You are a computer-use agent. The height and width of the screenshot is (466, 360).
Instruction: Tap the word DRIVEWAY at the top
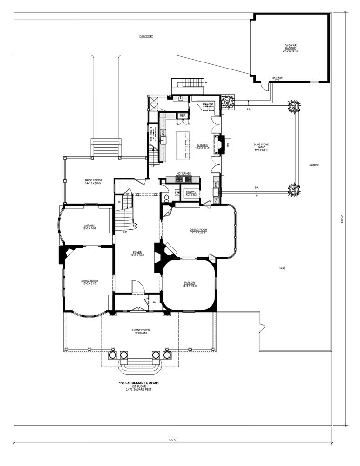pos(146,36)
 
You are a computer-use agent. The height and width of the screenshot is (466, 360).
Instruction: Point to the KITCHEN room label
pos(203,145)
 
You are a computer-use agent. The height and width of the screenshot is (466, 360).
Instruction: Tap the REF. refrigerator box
pos(183,115)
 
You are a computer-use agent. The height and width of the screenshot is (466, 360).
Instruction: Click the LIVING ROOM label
pos(89,281)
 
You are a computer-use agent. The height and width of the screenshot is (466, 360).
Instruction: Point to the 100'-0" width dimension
pos(173,439)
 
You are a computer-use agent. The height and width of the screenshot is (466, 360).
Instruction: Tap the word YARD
pos(282,268)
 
